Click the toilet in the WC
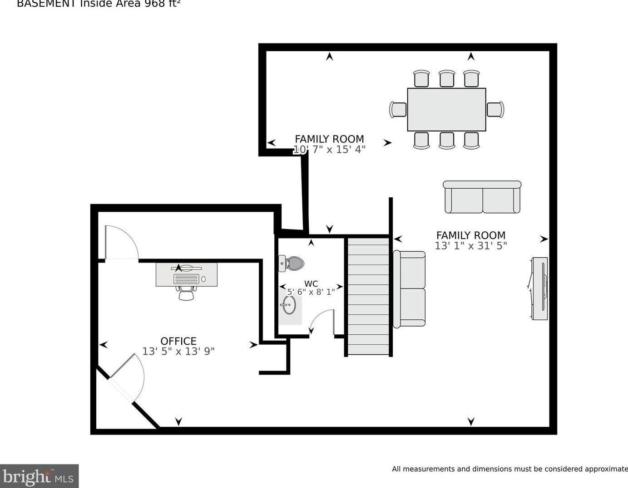pyautogui.click(x=292, y=263)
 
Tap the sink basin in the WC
pyautogui.click(x=288, y=304)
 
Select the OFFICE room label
pyautogui.click(x=178, y=341)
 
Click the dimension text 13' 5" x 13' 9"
pyautogui.click(x=178, y=351)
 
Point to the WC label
pyautogui.click(x=311, y=284)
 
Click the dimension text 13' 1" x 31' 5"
pyautogui.click(x=471, y=246)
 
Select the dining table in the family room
pyautogui.click(x=446, y=110)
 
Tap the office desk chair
pyautogui.click(x=186, y=293)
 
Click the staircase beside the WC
pyautogui.click(x=368, y=296)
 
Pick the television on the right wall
pyautogui.click(x=540, y=288)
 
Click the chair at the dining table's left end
pyautogui.click(x=398, y=110)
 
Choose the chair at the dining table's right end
pyautogui.click(x=495, y=110)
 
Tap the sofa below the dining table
pyautogui.click(x=482, y=197)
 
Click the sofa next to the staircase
pyautogui.click(x=410, y=288)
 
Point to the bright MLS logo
pyautogui.click(x=39, y=477)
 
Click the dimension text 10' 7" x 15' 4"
pyautogui.click(x=329, y=150)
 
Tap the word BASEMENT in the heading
pyautogui.click(x=46, y=4)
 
